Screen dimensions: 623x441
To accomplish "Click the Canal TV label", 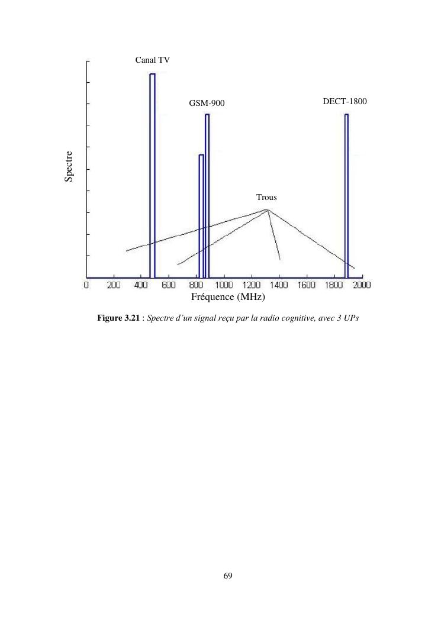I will click(153, 59).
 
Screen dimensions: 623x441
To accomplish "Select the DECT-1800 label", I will click(345, 101).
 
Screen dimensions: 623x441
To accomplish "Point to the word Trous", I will click(266, 197).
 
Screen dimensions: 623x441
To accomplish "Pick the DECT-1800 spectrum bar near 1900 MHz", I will click(346, 195).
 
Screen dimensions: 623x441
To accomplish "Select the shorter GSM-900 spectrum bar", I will click(201, 216).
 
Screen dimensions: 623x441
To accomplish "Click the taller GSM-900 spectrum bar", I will click(207, 195).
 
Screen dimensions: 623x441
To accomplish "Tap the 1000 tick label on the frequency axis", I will click(224, 285).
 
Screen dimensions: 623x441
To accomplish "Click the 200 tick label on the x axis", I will click(114, 285).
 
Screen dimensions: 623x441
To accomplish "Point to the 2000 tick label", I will click(362, 285).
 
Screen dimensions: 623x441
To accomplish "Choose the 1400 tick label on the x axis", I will click(279, 285).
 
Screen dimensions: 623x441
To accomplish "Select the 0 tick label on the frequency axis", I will click(86, 285).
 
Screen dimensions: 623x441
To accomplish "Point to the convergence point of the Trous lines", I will click(268, 209).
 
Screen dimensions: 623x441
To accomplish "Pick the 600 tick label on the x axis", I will click(169, 285).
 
